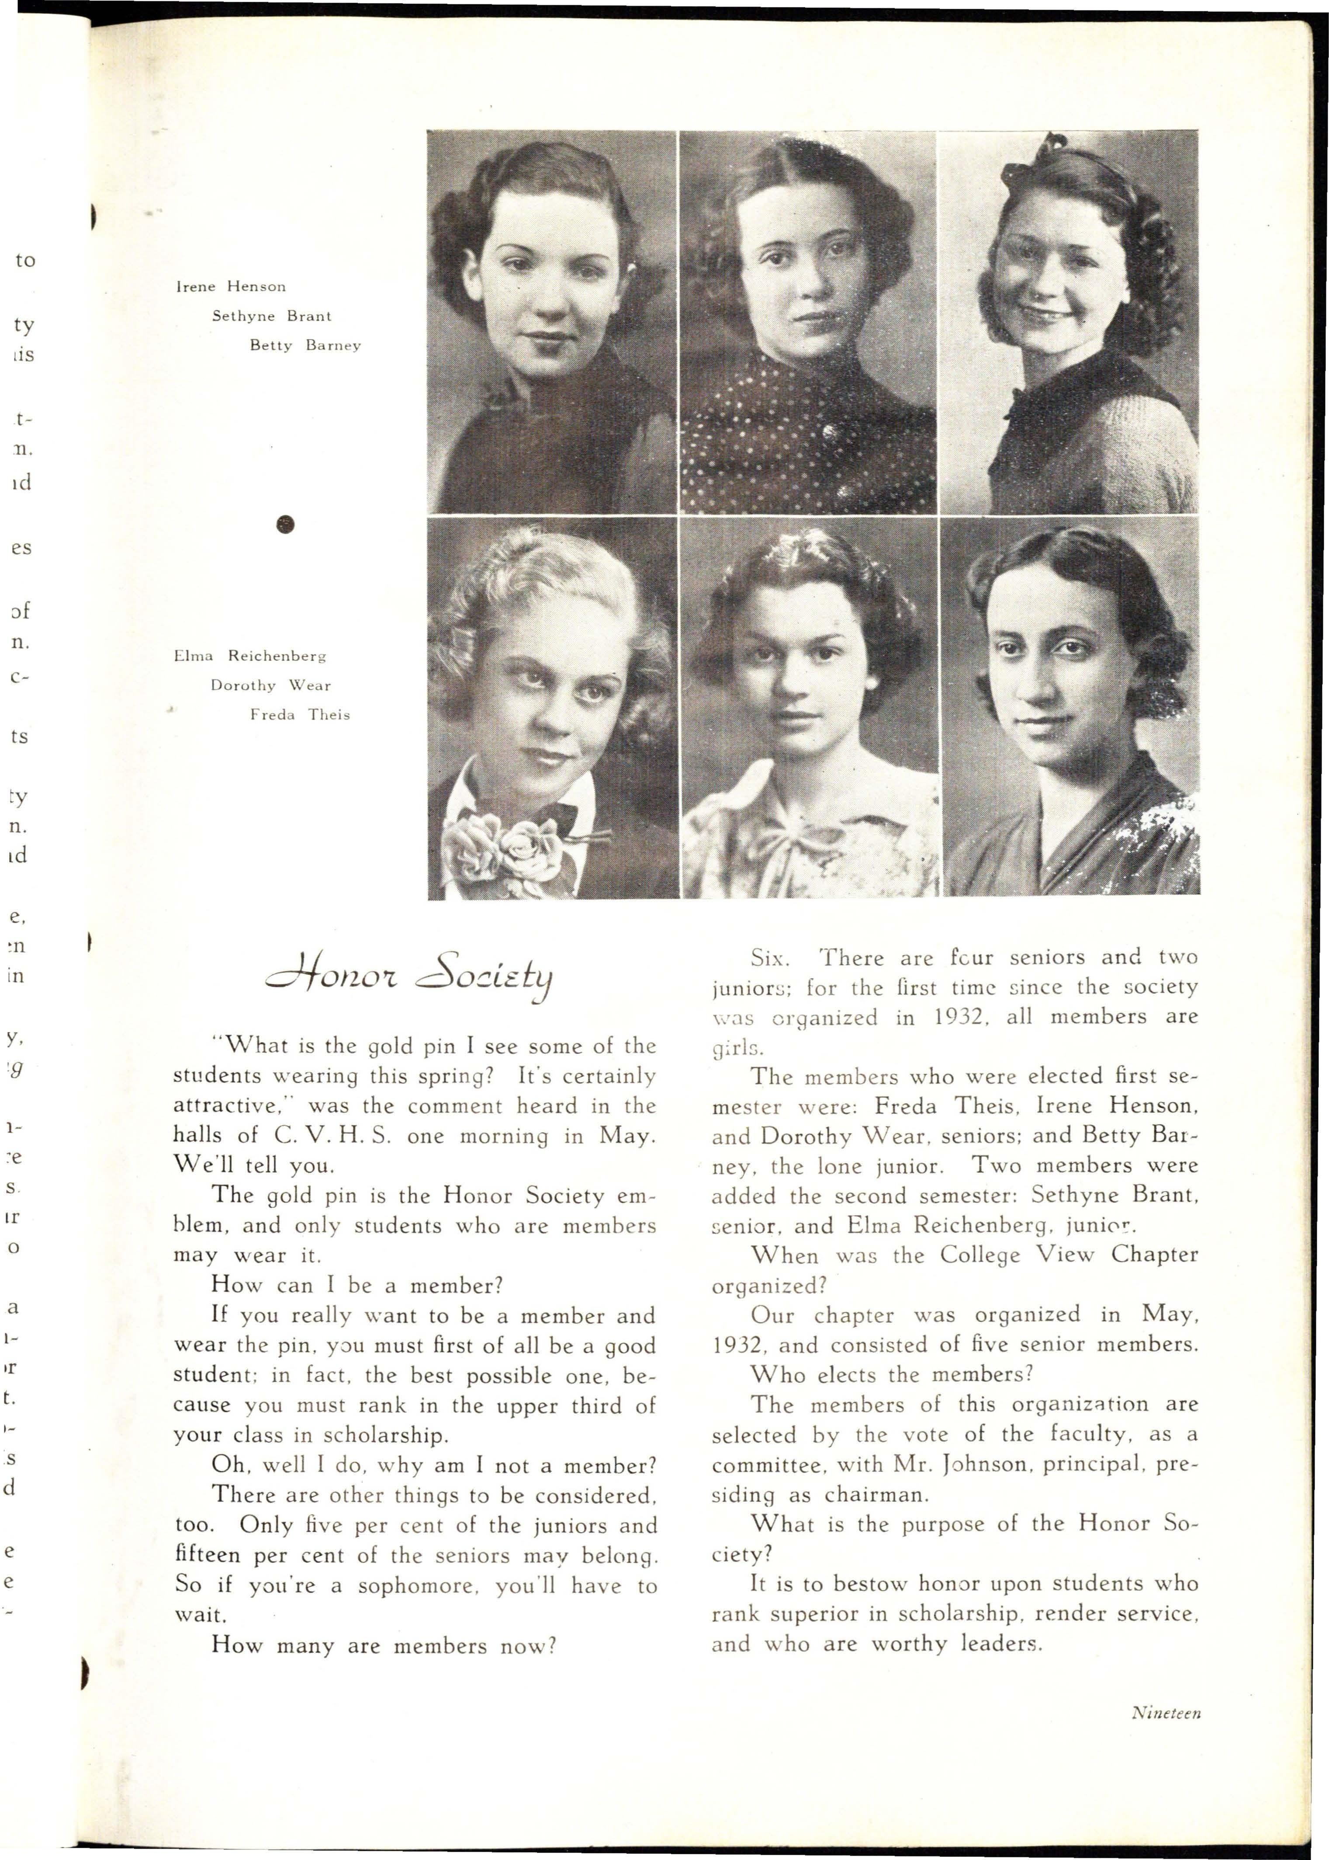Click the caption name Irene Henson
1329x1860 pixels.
[231, 286]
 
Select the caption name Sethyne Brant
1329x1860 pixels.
[272, 316]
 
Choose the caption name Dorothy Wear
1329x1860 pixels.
[270, 685]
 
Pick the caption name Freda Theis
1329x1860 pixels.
[300, 715]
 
